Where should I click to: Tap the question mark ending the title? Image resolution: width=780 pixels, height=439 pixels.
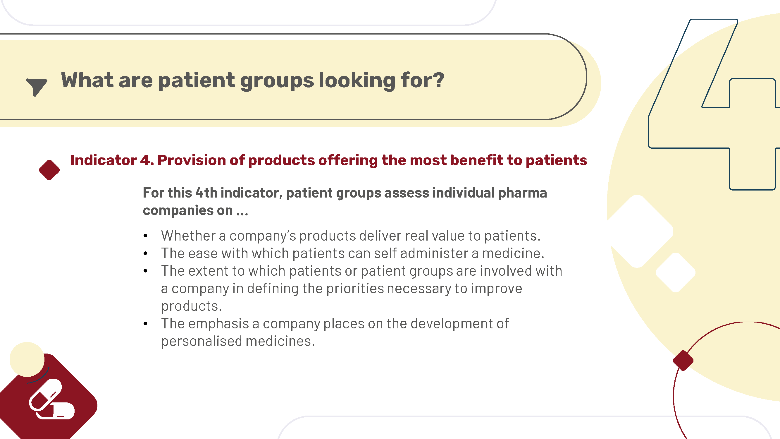click(438, 80)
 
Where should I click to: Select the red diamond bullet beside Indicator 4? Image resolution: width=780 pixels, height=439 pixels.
click(49, 170)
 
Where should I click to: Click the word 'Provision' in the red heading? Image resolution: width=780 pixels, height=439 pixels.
click(191, 160)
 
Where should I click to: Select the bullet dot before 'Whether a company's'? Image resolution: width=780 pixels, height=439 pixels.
click(146, 236)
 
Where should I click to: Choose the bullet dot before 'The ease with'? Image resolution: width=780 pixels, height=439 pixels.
click(146, 253)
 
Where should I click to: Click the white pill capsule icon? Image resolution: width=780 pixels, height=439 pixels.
click(51, 399)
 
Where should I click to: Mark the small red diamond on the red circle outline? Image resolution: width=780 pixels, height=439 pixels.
click(683, 361)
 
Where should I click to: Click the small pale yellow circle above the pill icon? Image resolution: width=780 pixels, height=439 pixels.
click(27, 360)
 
